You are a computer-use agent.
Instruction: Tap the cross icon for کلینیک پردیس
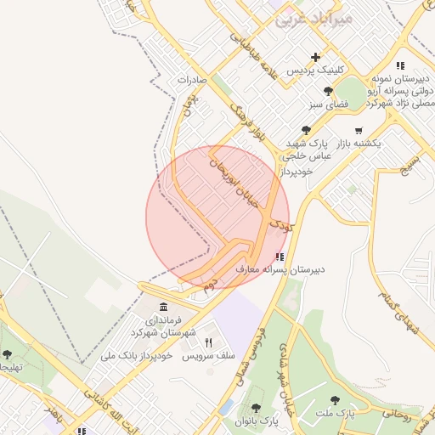point(315,57)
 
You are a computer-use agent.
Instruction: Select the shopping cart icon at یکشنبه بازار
point(359,131)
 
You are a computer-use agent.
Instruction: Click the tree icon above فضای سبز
point(327,91)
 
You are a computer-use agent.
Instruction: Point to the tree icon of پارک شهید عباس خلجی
point(306,130)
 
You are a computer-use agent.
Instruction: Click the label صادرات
point(192,79)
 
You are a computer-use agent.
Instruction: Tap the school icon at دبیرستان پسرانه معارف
point(280,257)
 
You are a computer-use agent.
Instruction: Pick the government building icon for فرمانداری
point(163,307)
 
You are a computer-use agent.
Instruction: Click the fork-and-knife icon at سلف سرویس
point(209,342)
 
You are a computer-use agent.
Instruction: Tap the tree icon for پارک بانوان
point(256,409)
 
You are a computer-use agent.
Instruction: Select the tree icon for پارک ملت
point(336,399)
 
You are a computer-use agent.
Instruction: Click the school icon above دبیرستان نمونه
point(399,65)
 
